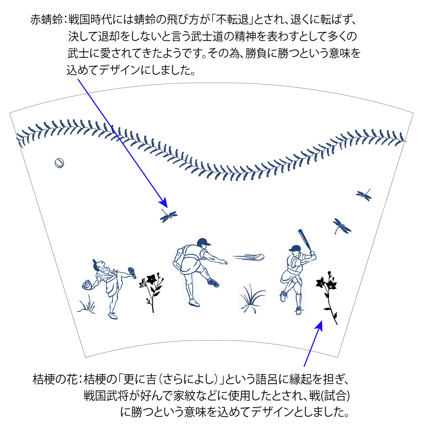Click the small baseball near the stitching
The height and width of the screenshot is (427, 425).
(x=59, y=163)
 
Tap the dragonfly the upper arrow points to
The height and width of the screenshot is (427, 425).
(x=169, y=216)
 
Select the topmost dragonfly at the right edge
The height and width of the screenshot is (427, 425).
(x=364, y=195)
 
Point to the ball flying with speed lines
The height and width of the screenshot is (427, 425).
(x=259, y=257)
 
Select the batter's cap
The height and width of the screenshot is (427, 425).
(x=295, y=248)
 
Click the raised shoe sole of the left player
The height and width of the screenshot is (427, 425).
(x=132, y=272)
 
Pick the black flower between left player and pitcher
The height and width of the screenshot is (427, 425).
(x=152, y=292)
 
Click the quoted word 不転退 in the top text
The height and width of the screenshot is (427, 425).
(x=234, y=20)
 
